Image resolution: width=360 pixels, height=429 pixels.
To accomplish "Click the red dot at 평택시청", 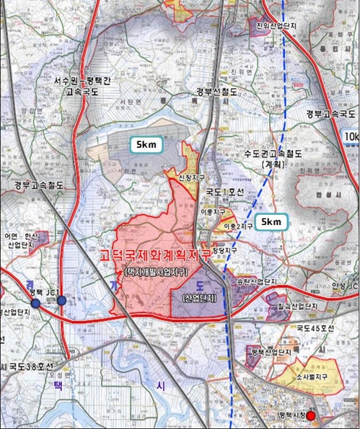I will click(312, 416).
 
